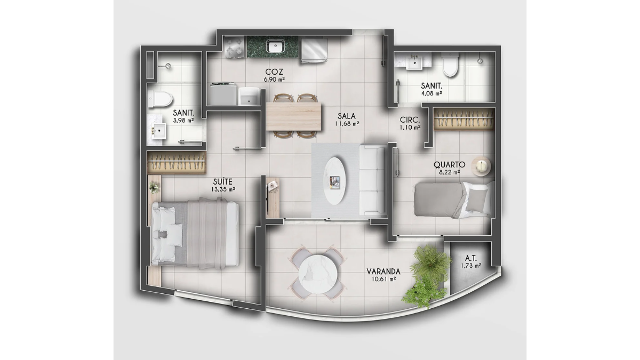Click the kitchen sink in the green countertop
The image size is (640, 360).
(x=274, y=46)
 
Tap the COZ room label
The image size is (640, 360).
(x=274, y=71)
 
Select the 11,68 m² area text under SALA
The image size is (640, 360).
(x=347, y=124)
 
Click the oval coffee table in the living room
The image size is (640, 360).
(x=335, y=180)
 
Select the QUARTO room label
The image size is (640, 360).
(x=449, y=165)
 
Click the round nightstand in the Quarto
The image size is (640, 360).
(x=482, y=166)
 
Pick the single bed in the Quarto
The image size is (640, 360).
(x=452, y=199)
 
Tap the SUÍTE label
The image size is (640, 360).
(x=224, y=181)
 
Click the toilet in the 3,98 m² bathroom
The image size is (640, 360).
(x=161, y=98)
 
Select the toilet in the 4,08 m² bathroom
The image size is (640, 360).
(x=451, y=66)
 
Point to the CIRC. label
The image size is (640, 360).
(x=410, y=120)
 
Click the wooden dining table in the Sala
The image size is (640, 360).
(x=294, y=116)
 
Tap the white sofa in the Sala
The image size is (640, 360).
(x=372, y=180)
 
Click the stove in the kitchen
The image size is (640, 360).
(x=233, y=48)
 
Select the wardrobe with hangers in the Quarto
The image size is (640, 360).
(x=463, y=118)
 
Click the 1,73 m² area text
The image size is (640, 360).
(x=471, y=265)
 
